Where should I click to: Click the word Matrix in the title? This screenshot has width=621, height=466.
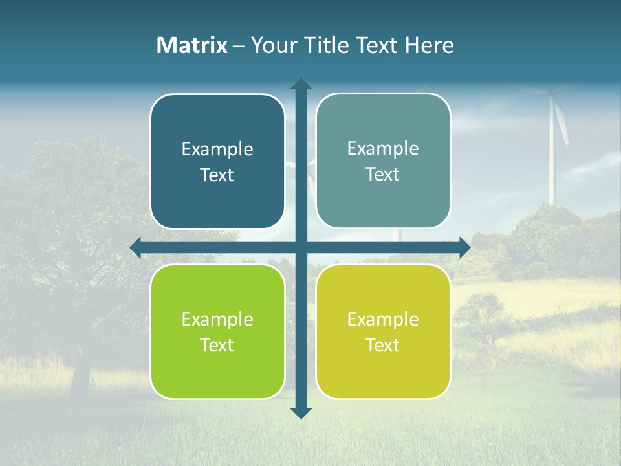point(192,45)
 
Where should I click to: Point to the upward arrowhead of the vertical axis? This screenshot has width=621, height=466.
point(301,84)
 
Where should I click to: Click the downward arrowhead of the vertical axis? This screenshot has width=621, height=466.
point(301,412)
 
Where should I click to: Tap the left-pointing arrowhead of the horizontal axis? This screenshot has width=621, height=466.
point(136,247)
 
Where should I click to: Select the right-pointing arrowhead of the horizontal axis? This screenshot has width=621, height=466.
point(464,247)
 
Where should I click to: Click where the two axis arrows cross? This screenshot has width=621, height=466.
point(301,247)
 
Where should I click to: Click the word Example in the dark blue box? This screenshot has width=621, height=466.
point(217,150)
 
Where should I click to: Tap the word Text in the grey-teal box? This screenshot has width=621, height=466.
point(382,175)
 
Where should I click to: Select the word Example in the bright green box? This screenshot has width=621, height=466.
point(217,319)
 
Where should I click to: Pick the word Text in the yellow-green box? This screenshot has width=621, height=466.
point(382,345)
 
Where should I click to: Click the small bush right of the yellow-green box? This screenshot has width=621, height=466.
point(479,311)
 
